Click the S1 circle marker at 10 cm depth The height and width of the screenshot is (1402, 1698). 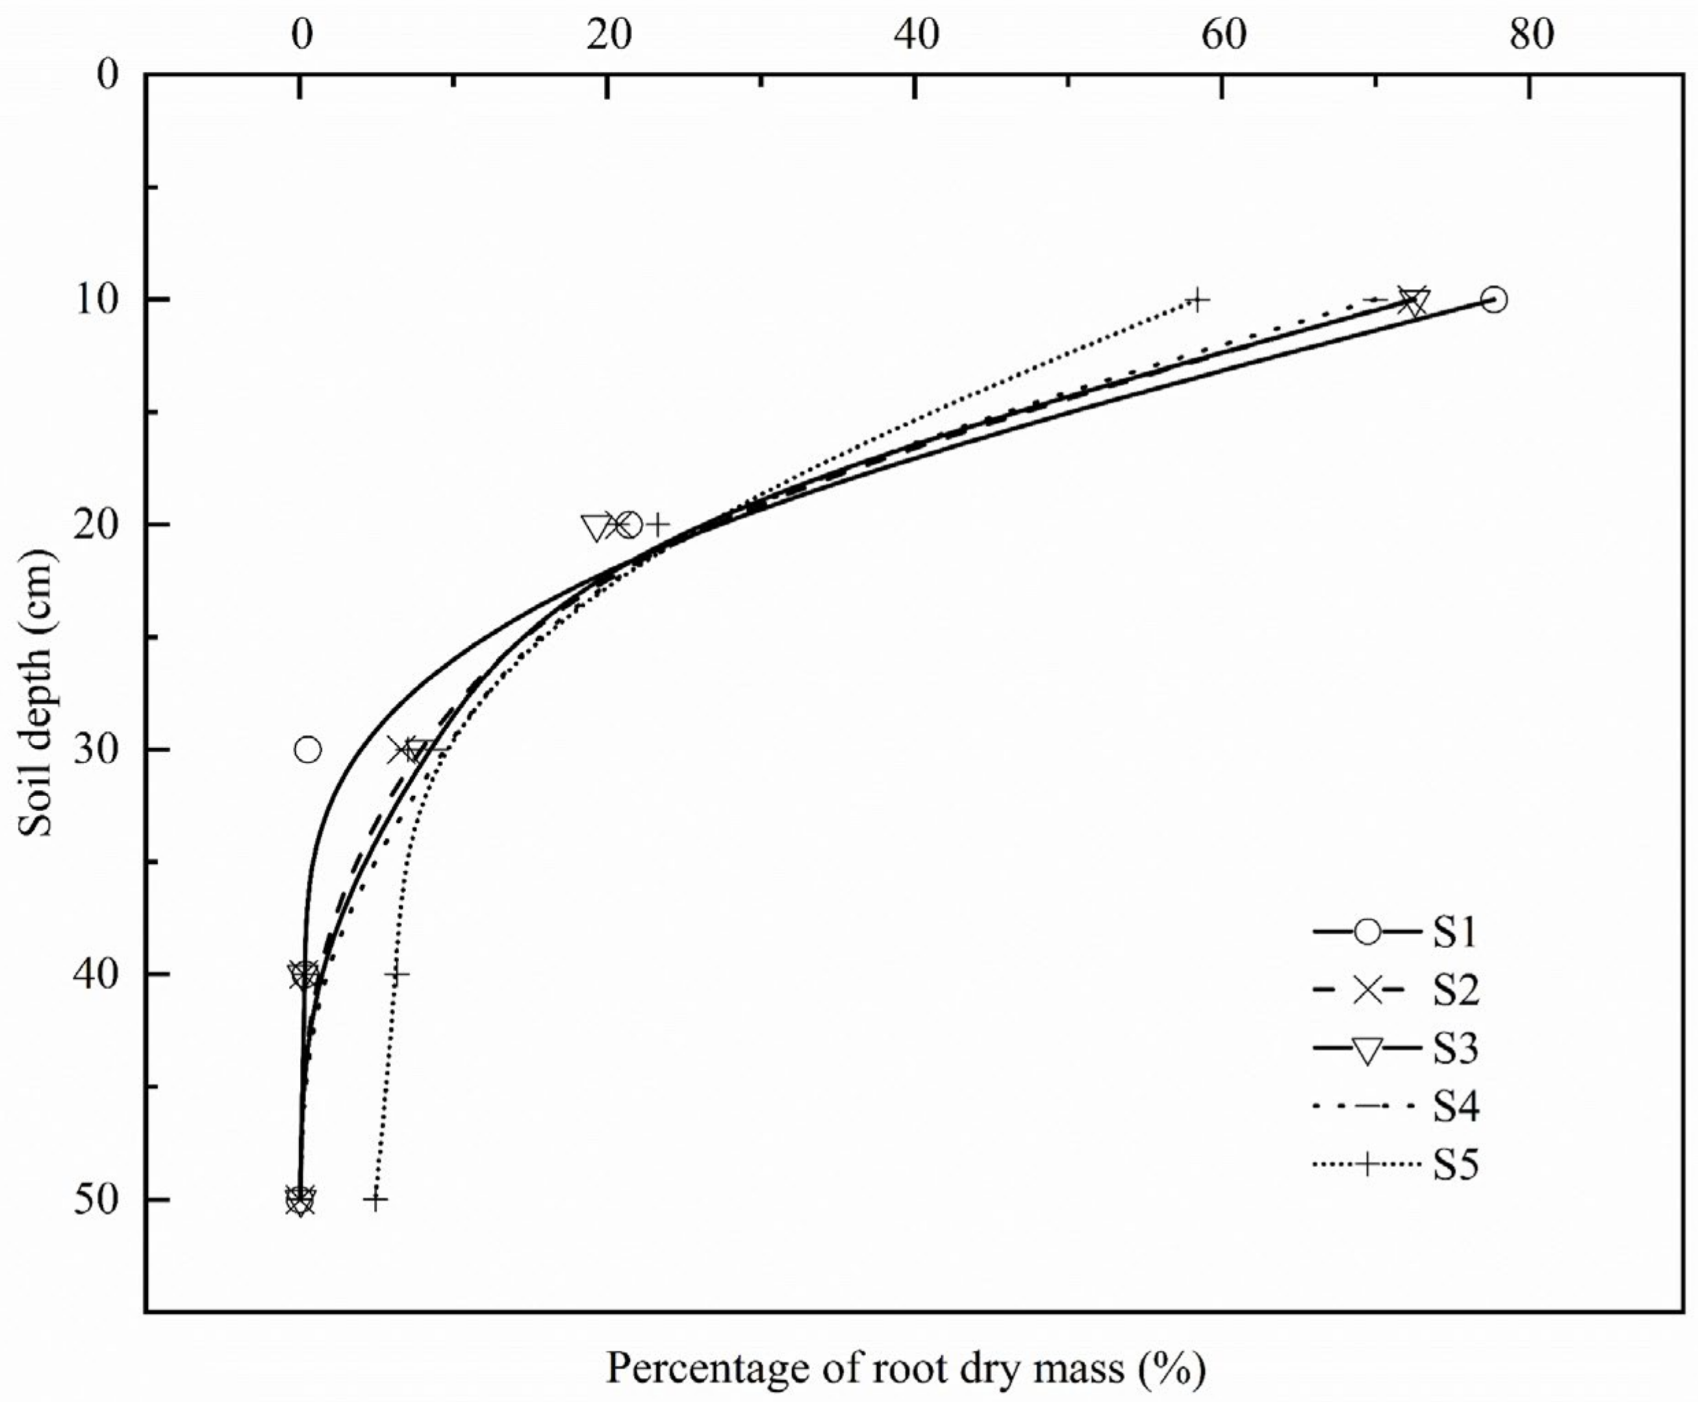(x=1494, y=300)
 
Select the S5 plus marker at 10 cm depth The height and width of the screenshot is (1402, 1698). (x=1198, y=301)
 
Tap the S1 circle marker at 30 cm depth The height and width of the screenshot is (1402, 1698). (x=308, y=750)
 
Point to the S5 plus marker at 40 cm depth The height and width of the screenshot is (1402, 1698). (x=396, y=974)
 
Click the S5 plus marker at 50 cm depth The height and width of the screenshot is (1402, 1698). (x=375, y=1199)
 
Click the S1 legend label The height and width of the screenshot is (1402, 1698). (x=1455, y=933)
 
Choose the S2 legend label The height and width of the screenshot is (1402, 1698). (x=1456, y=991)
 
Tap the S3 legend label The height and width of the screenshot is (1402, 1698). (x=1456, y=1049)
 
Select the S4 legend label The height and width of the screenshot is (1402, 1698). (x=1456, y=1106)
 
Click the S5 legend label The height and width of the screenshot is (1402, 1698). (x=1456, y=1164)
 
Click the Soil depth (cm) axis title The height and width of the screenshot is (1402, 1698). (x=36, y=695)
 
